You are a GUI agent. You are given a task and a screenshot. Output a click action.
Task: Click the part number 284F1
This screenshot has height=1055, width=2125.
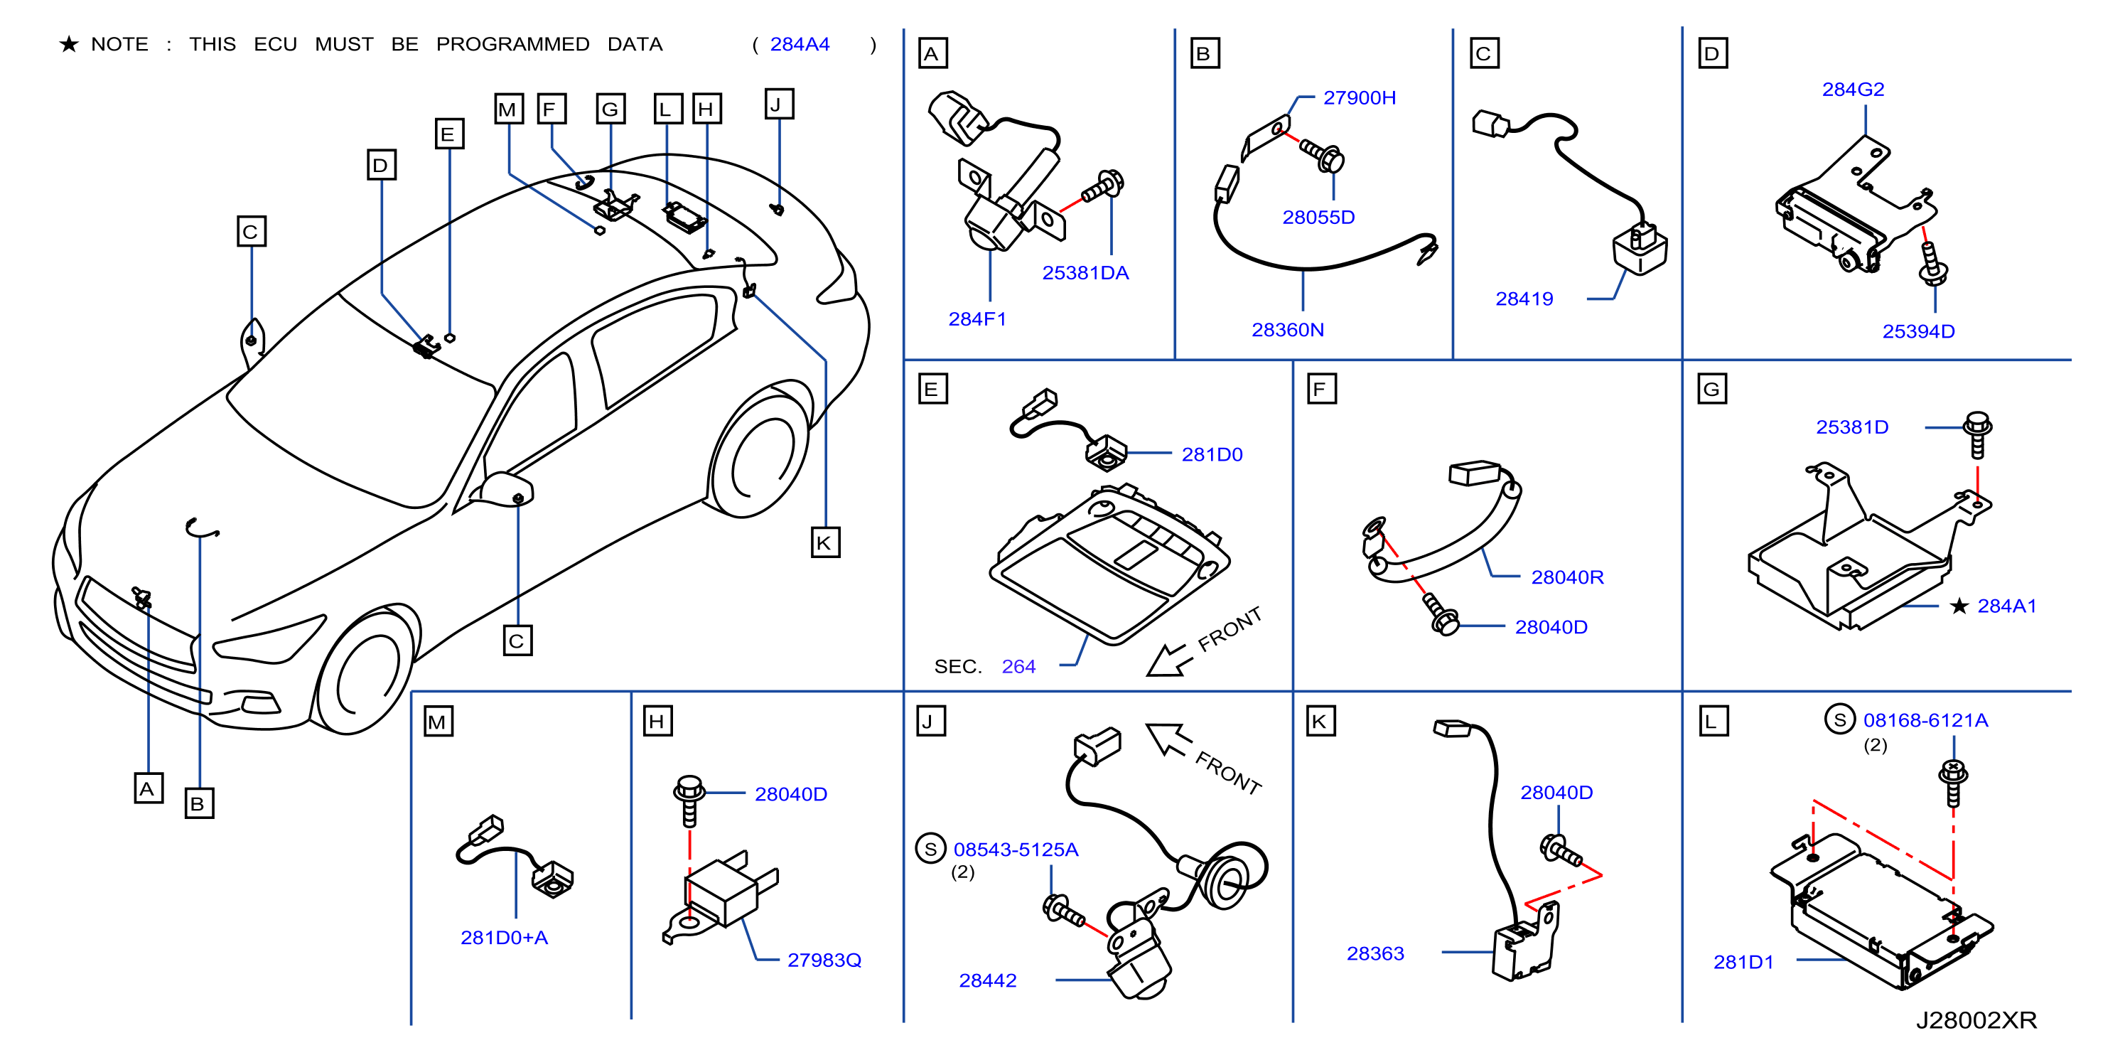977,319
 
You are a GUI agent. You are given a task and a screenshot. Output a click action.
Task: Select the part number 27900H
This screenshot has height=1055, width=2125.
1360,98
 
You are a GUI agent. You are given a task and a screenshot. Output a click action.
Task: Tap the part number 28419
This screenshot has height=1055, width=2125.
1524,299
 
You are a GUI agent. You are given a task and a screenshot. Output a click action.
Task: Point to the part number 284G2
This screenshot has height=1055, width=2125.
1853,89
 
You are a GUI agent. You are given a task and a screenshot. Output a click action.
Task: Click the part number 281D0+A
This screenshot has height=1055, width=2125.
504,937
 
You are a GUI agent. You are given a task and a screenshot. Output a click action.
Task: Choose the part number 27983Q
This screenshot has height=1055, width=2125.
824,960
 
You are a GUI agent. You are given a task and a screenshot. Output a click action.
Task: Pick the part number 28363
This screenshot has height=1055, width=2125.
1375,953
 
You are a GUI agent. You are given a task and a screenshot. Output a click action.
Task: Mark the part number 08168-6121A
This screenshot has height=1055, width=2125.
1925,720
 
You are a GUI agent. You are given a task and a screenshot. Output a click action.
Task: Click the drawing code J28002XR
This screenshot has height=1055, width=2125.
1976,1020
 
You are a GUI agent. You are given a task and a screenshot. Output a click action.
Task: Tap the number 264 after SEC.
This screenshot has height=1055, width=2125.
1018,667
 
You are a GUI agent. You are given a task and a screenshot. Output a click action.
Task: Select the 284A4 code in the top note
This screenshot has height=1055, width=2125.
800,45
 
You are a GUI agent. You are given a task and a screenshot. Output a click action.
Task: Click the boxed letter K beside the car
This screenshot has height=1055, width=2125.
825,542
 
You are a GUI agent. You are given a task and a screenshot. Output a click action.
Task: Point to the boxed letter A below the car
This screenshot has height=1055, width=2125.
149,788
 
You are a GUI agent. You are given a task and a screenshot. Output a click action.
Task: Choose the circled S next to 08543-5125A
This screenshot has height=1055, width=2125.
930,849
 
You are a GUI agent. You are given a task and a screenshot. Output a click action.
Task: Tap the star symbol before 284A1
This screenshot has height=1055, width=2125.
1959,606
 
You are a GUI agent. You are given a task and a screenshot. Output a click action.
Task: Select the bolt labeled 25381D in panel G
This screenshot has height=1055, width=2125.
1977,434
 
